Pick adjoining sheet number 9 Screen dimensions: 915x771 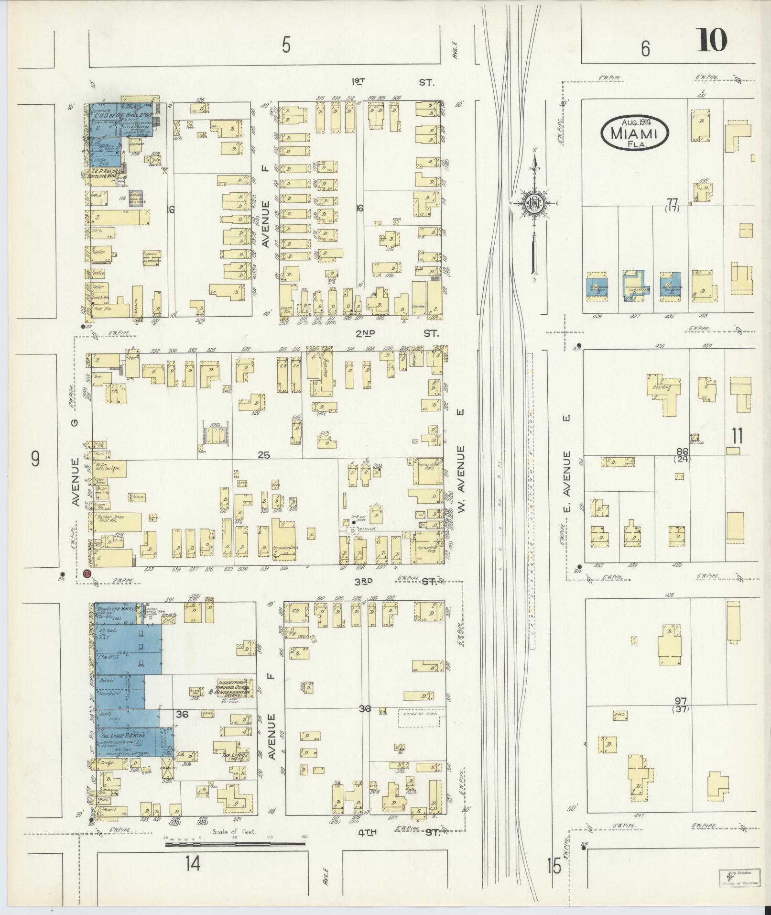pos(34,459)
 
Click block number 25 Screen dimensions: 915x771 pos(264,455)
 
